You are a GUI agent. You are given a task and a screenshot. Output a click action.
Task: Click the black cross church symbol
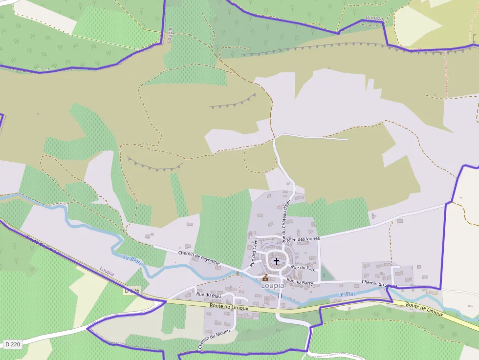[x=277, y=261]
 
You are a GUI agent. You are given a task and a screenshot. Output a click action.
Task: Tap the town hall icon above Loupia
[x=265, y=277]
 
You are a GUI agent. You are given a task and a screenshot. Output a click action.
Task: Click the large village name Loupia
[x=273, y=285]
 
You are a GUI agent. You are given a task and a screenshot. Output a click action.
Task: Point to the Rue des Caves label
[x=254, y=251]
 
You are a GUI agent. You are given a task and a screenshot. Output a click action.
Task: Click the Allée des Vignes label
[x=303, y=239]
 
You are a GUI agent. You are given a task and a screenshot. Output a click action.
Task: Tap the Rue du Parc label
[x=304, y=268]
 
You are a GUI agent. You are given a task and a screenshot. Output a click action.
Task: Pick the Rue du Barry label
[x=300, y=281]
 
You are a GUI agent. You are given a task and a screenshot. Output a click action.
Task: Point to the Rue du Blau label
[x=209, y=295]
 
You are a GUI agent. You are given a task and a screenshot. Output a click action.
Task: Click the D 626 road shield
[x=132, y=291]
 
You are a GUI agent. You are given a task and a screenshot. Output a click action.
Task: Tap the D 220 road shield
[x=13, y=344]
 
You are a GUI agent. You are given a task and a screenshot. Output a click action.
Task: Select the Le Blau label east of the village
[x=348, y=294]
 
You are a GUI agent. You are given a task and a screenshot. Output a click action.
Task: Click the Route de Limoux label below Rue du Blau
[x=229, y=307]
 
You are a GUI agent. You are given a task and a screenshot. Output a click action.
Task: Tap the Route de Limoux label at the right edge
[x=424, y=309]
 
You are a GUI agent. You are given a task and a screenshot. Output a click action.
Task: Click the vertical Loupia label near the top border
[x=170, y=35]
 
